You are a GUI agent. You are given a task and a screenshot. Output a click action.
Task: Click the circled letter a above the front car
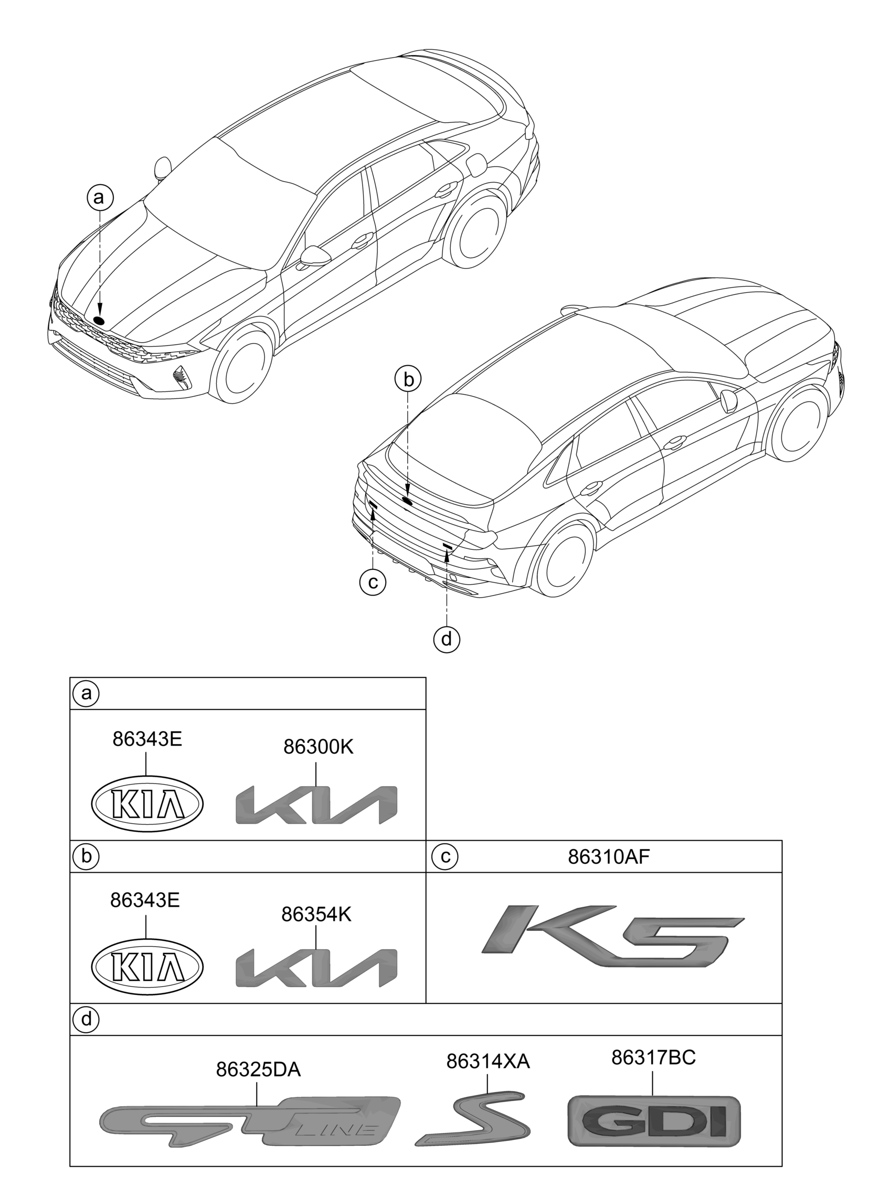click(x=100, y=197)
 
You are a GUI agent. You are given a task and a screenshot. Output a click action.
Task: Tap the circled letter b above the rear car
click(x=409, y=380)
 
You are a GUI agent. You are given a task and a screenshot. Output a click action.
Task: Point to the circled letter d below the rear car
click(x=447, y=639)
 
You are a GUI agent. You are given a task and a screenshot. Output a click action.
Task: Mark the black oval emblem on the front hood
click(x=99, y=320)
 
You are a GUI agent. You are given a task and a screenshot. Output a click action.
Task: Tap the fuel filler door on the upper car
click(x=476, y=165)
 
